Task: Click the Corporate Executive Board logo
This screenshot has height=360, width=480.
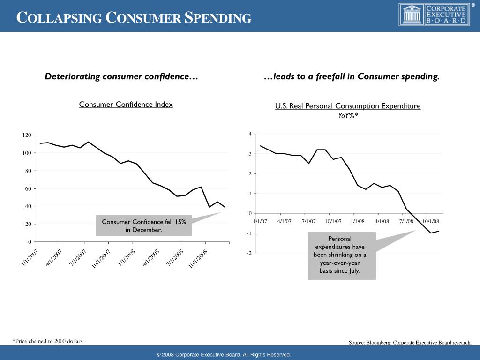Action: click(434, 15)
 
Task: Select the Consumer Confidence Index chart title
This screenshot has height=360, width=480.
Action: click(126, 104)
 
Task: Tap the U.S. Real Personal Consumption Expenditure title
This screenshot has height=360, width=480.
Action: click(348, 106)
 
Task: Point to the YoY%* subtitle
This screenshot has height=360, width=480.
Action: click(348, 115)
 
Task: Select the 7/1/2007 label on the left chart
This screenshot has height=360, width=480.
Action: click(77, 258)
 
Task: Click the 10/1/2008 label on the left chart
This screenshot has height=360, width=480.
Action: click(198, 259)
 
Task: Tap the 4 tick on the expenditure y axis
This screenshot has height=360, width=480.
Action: click(250, 135)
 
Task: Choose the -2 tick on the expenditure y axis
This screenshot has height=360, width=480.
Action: click(248, 253)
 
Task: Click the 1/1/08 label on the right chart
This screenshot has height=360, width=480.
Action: click(358, 221)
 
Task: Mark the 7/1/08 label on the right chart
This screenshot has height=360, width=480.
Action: click(406, 221)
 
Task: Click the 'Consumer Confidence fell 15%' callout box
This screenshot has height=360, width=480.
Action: click(144, 225)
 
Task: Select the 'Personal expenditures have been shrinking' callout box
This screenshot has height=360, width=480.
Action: click(342, 255)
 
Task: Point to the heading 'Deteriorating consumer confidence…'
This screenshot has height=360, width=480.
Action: click(121, 76)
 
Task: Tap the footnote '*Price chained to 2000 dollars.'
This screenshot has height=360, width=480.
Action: click(48, 341)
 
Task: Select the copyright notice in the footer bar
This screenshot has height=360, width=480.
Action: click(224, 355)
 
